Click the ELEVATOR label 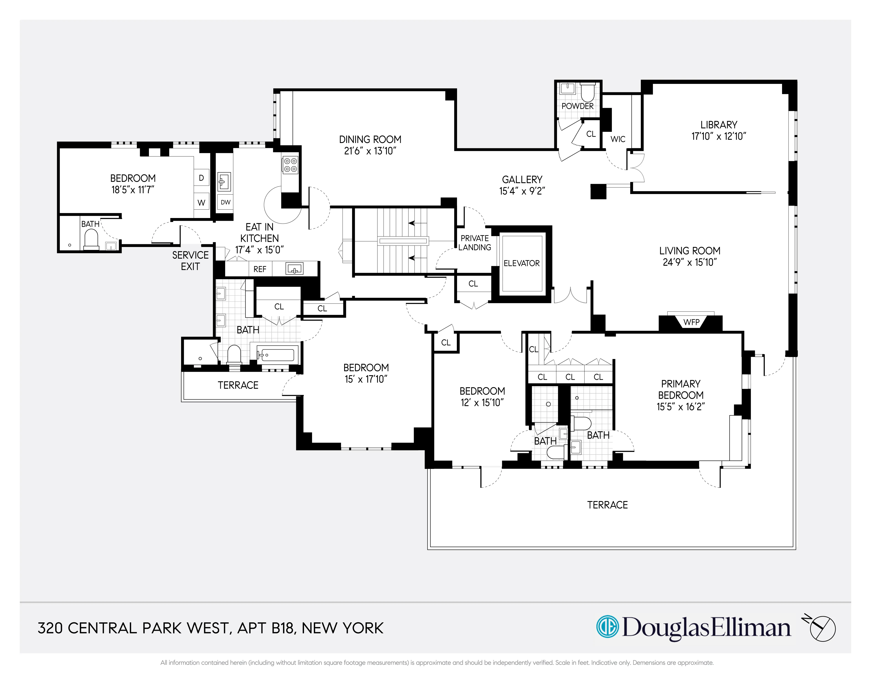click(521, 263)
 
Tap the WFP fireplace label click(691, 322)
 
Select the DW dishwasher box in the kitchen click(225, 202)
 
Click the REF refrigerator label click(260, 269)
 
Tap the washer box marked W click(201, 203)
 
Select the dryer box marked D click(201, 178)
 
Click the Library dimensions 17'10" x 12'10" click(719, 136)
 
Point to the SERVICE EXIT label click(190, 261)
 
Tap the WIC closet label click(618, 139)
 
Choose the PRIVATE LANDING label click(475, 243)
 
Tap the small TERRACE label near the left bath click(238, 385)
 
